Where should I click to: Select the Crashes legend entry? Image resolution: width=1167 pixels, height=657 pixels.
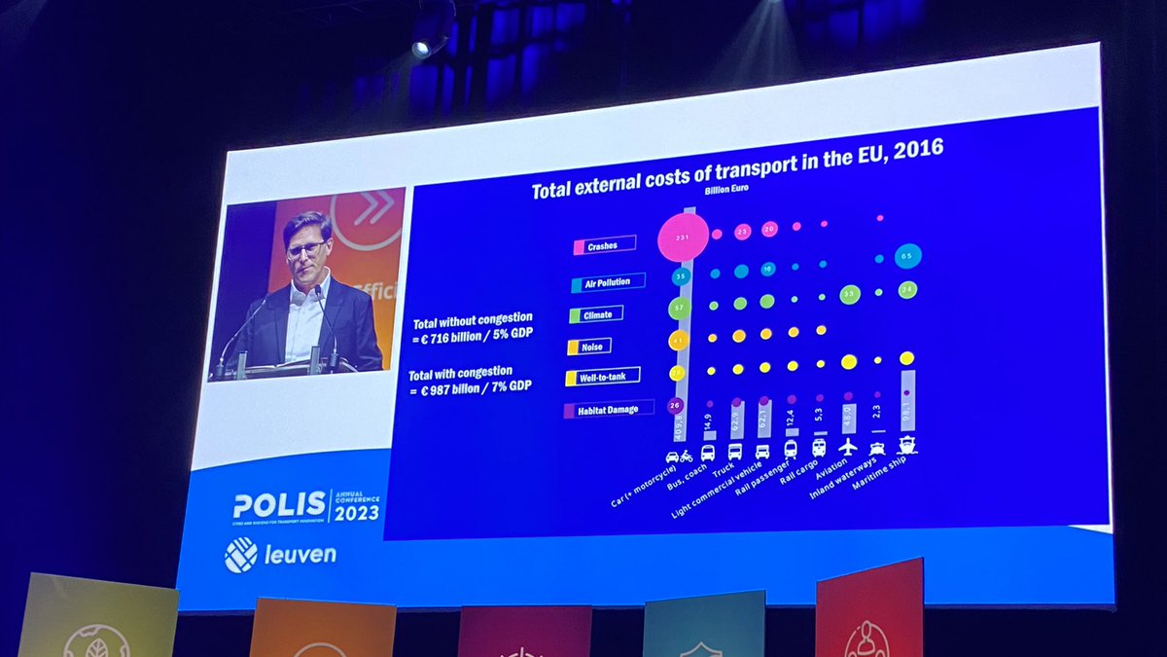604,245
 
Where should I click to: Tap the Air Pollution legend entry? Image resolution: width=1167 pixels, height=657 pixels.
608,281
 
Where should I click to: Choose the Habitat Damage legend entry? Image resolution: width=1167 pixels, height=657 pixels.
608,410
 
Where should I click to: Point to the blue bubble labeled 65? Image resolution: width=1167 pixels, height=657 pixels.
908,256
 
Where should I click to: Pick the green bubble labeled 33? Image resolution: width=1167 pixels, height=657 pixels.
849,294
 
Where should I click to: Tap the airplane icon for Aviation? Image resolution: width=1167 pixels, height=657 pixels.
848,446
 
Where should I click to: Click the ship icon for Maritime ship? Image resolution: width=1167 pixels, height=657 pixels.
906,445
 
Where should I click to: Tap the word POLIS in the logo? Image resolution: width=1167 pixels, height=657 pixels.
280,505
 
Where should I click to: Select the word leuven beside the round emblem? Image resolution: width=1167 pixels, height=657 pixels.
301,556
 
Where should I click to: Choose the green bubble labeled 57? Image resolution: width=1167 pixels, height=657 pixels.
679,310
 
